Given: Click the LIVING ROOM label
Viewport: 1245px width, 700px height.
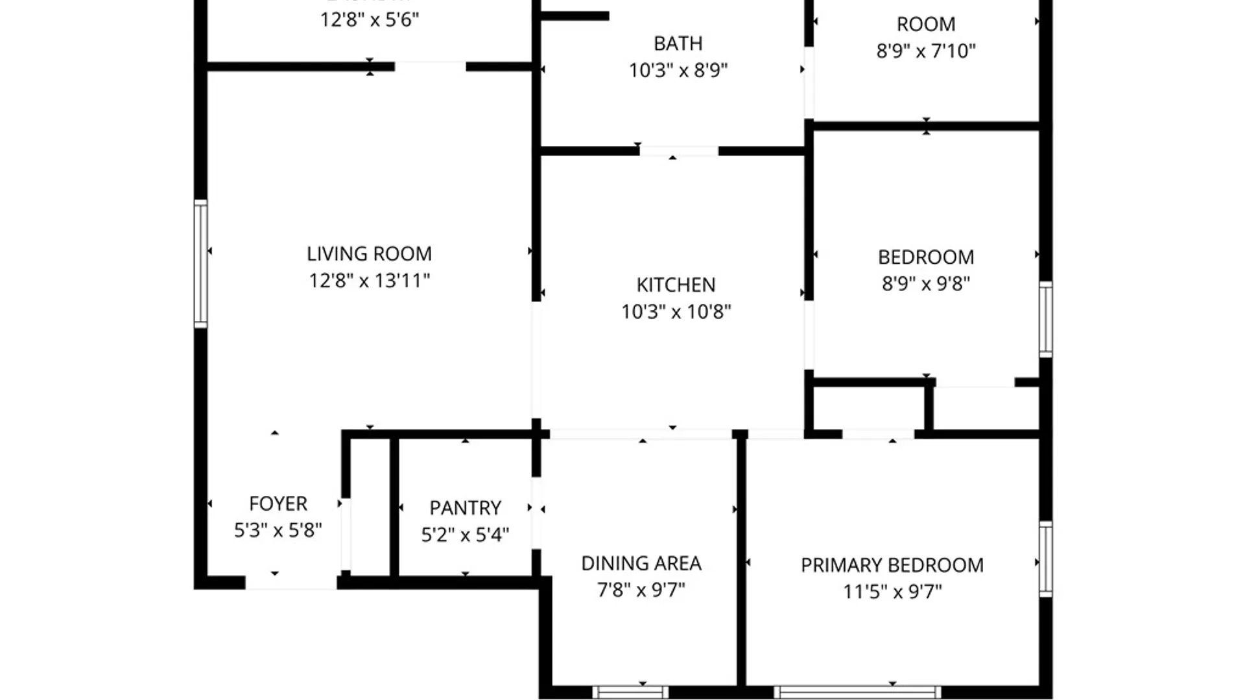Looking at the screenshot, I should pos(369,253).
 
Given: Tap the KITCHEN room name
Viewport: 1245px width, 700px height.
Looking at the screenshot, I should pos(676,285).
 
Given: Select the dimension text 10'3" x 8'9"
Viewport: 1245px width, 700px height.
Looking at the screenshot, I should pos(678,70).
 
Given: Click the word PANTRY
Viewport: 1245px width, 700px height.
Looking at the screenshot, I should pos(465,507).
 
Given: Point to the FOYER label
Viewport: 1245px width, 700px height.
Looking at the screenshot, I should pos(278,504).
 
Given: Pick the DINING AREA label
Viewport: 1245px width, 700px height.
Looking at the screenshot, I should pos(641,563).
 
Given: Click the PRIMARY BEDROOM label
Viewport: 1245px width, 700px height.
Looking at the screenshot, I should pos(892,565).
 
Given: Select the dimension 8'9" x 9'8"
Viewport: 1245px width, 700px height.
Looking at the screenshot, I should pos(925,284).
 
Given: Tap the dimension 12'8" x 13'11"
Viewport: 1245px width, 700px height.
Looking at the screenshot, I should pos(369,281).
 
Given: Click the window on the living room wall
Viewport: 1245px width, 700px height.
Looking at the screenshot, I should pos(201,263).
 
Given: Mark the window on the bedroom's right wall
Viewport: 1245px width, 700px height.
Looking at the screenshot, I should pos(1045,319).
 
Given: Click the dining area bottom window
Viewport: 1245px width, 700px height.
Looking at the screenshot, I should pos(630,692).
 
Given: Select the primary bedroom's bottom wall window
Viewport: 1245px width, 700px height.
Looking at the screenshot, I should pos(857,692).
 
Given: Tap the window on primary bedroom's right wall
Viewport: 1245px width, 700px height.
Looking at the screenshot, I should pos(1045,559).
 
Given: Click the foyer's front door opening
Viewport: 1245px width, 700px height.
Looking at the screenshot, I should pos(290,583).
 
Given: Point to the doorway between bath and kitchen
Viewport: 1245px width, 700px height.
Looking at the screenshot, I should pos(678,151).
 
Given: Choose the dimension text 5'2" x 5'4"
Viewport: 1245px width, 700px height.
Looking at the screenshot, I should pos(465,535).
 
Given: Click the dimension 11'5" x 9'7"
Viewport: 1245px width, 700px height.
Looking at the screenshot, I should pos(892,592).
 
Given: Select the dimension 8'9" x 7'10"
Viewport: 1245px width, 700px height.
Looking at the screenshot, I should pos(925,51).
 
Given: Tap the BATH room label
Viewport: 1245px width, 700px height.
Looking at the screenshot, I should pos(678,43).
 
